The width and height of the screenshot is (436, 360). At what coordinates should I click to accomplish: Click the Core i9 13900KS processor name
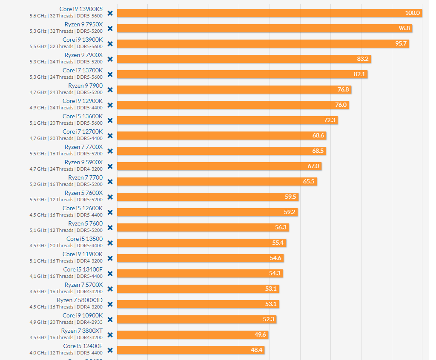[81, 9]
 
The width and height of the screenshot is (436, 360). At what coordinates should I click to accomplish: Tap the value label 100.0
[412, 13]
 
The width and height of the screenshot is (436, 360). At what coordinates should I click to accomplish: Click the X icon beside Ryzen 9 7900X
[110, 59]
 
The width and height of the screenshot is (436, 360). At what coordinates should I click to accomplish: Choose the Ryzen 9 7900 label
[85, 86]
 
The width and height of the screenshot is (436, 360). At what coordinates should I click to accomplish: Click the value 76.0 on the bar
[341, 105]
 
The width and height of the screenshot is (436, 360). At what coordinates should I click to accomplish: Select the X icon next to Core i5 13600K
[110, 120]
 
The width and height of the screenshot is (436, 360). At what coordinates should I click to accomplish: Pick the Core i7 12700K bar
[221, 135]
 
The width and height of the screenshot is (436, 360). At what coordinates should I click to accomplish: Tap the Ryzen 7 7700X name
[83, 147]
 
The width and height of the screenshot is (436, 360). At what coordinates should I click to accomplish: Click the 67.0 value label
[313, 166]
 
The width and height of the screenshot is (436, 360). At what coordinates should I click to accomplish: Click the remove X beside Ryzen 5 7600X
[110, 197]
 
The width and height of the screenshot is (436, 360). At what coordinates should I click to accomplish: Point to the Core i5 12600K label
[83, 208]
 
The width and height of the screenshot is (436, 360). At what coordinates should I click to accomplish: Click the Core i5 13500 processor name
[84, 239]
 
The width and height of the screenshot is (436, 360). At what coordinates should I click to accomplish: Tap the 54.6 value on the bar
[275, 258]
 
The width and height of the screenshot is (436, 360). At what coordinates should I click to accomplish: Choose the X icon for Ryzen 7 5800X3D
[110, 304]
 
